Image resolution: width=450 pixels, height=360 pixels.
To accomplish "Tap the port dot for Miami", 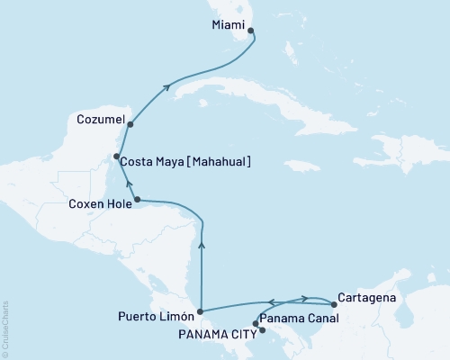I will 250,31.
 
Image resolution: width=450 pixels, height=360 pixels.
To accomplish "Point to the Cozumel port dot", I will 130,124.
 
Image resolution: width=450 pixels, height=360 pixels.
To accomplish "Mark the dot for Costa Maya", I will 116,157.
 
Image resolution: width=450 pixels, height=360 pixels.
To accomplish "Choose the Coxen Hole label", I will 99,204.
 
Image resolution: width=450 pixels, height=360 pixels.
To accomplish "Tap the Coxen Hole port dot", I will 137,199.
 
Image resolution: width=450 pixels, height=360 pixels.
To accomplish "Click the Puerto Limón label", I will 155,316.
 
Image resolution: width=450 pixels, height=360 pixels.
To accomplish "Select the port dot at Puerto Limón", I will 200,311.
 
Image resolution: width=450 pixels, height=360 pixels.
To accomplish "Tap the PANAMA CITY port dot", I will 262,330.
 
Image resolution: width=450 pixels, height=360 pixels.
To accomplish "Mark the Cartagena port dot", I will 334,304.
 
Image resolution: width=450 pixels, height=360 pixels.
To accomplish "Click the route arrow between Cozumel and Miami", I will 167,87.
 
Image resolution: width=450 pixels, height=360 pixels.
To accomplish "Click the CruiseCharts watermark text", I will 5,328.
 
